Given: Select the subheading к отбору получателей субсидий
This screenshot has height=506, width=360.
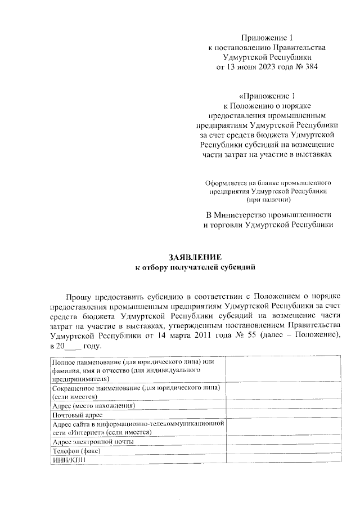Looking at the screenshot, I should (196, 267).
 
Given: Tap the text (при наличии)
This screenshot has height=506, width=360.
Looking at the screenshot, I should (268, 199).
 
